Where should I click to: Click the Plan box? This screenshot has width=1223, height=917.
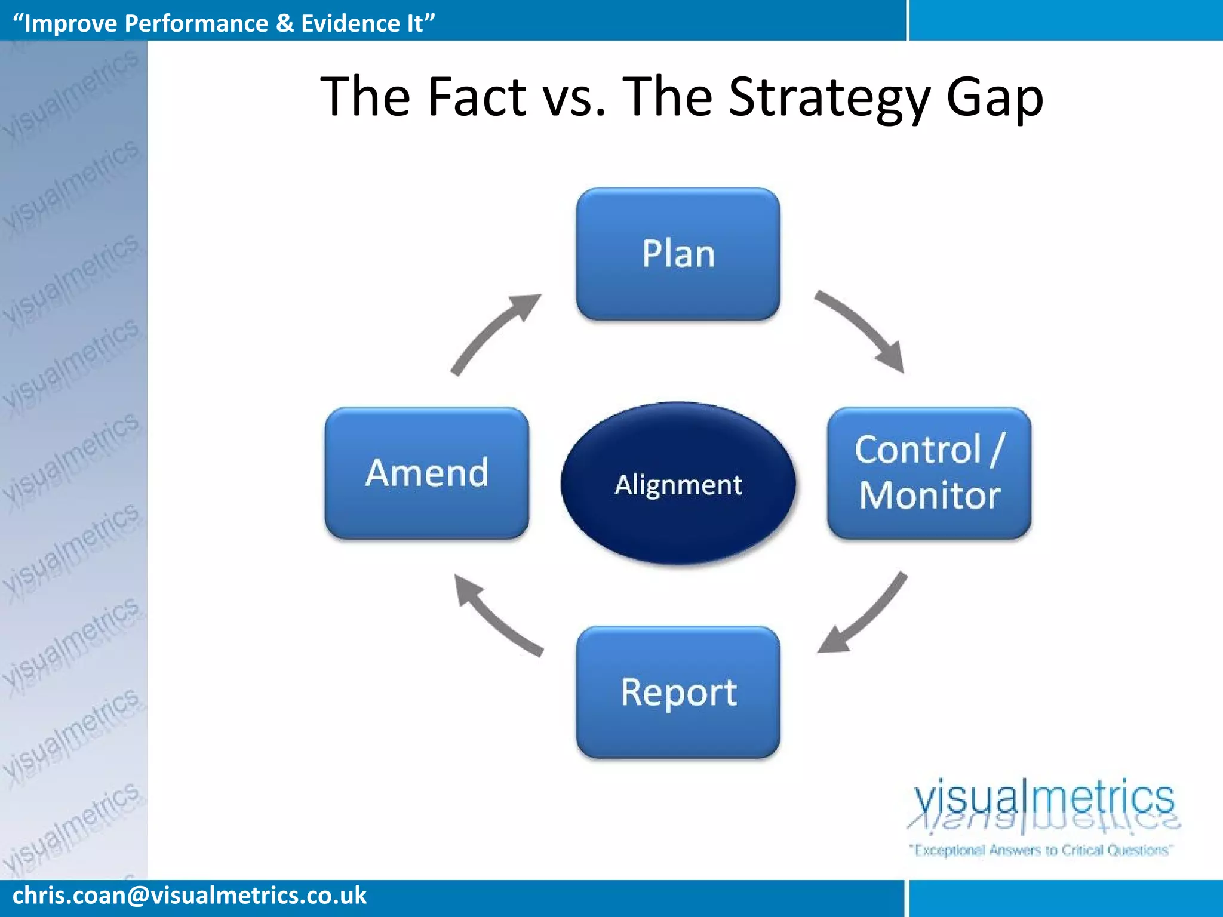678,254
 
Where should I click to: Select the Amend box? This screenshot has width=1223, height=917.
427,473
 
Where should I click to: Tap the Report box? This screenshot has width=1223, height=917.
678,693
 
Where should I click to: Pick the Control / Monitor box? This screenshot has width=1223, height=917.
929,473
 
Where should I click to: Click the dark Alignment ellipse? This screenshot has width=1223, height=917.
678,484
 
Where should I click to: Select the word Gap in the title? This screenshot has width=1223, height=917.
994,99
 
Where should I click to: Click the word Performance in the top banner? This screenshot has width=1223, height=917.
196,23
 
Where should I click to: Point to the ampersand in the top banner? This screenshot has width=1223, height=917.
285,23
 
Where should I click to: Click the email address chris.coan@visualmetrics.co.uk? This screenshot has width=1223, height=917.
189,896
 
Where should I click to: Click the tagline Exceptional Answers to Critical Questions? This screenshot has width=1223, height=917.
1041,850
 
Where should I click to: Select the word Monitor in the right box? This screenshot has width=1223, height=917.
930,496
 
